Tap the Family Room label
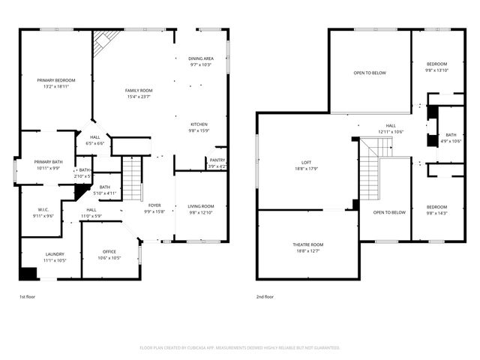(x=139, y=90)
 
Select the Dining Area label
(x=201, y=58)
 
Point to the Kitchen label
(x=199, y=124)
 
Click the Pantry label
(x=217, y=160)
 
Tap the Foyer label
(x=154, y=205)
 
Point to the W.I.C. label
(x=43, y=209)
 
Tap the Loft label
(x=306, y=162)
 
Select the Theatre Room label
(x=307, y=244)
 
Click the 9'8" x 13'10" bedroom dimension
(x=436, y=70)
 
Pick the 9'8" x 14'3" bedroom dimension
(x=436, y=213)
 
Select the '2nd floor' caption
(x=265, y=297)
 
